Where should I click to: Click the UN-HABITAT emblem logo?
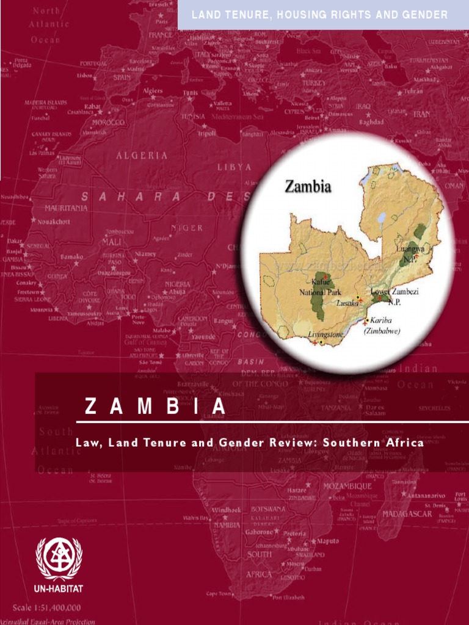coord(59,558)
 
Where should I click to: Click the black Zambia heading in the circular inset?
coord(308,187)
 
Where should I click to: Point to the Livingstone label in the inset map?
coord(327,334)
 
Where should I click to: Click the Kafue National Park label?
coord(325,287)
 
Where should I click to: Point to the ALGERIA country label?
coord(142,156)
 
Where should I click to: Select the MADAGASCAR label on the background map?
coord(407,514)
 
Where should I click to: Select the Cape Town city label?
coord(220,593)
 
